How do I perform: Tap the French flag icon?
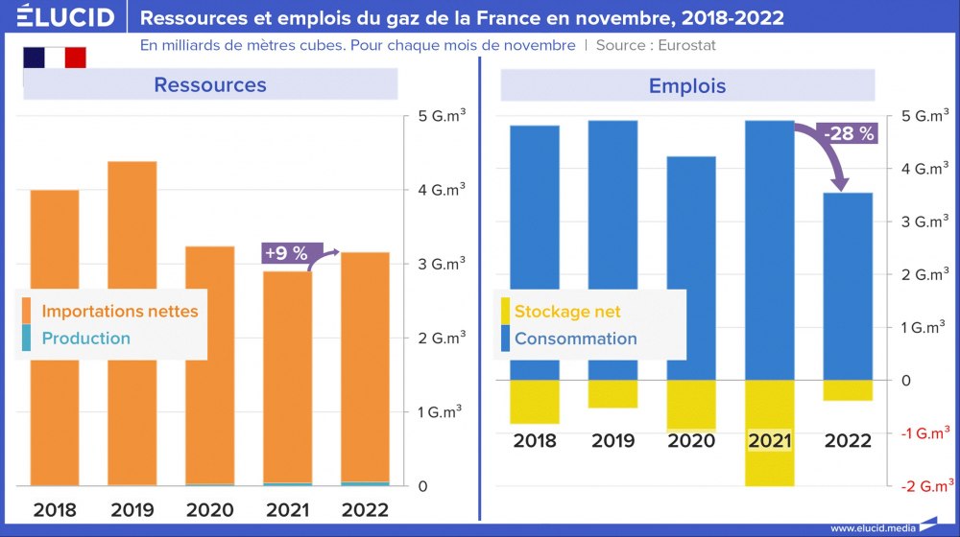click(x=55, y=58)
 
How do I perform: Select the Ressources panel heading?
click(x=210, y=84)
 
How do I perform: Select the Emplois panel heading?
click(x=687, y=86)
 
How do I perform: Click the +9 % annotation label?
click(x=285, y=254)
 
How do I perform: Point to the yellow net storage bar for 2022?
click(x=848, y=390)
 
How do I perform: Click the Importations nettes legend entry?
click(x=120, y=311)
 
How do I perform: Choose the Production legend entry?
click(x=85, y=338)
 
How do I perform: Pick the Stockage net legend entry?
click(x=567, y=311)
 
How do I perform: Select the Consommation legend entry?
click(x=575, y=338)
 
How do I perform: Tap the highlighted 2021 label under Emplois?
click(x=770, y=441)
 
